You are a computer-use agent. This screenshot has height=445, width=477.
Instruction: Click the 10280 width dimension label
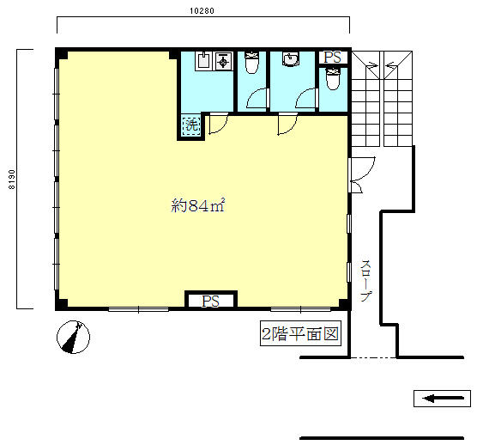(202, 10)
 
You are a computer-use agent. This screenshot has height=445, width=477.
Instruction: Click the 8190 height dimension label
(11, 180)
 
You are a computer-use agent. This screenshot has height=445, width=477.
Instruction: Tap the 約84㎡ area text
(197, 205)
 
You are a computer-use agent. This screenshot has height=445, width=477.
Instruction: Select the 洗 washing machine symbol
(191, 125)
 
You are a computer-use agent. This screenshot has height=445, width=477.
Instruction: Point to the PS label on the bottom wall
(210, 302)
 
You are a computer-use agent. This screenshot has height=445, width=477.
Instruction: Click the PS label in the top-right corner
(333, 58)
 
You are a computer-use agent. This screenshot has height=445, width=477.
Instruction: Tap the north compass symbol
(73, 337)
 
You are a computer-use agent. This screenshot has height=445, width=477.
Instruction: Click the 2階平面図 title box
(300, 333)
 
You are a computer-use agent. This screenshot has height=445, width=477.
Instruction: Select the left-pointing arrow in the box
(444, 398)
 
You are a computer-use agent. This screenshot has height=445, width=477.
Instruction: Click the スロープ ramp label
(366, 281)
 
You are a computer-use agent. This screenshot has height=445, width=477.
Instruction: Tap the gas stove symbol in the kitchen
(224, 61)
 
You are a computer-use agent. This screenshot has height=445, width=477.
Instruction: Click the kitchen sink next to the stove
(204, 60)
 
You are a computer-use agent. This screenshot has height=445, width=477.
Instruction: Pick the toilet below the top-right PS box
(333, 78)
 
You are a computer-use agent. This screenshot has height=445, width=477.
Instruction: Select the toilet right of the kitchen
(252, 63)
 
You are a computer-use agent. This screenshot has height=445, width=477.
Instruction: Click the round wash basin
(291, 58)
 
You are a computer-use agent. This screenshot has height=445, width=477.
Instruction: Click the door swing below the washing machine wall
(218, 123)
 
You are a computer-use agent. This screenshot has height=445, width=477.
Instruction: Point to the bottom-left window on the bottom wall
(139, 309)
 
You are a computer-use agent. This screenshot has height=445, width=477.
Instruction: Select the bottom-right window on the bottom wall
(300, 309)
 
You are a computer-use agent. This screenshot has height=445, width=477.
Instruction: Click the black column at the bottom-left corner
(62, 303)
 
